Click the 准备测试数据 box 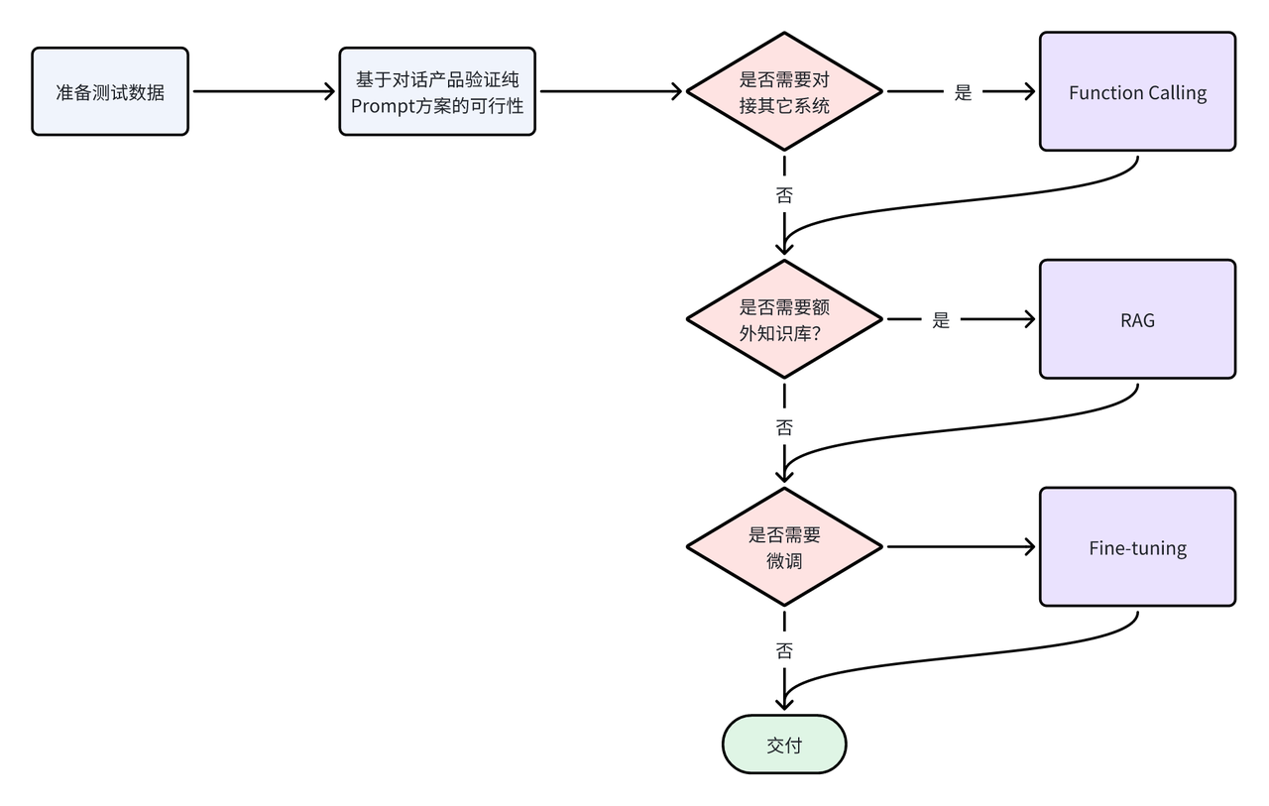110,91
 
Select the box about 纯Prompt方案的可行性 437,91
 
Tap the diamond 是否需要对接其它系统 784,91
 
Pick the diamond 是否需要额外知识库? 784,319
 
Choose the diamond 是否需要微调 784,546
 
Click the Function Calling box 1137,92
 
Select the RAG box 1137,319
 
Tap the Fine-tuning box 1137,547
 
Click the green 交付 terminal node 784,745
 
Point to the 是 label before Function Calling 963,92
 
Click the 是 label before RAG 941,320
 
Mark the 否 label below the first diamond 784,194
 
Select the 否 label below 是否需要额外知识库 784,427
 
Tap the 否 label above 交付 784,651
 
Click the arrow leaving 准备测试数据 263,91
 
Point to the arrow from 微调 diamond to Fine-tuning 960,546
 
